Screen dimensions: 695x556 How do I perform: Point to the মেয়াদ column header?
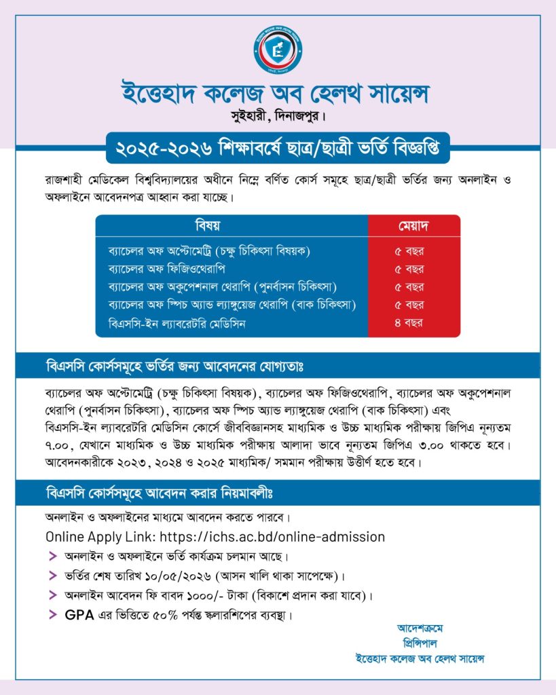[x=413, y=225]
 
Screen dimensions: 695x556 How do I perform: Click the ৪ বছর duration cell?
[x=409, y=324]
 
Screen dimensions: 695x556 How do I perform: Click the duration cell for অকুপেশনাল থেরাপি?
[x=409, y=287]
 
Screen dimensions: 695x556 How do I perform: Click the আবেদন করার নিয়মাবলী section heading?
[x=163, y=490]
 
